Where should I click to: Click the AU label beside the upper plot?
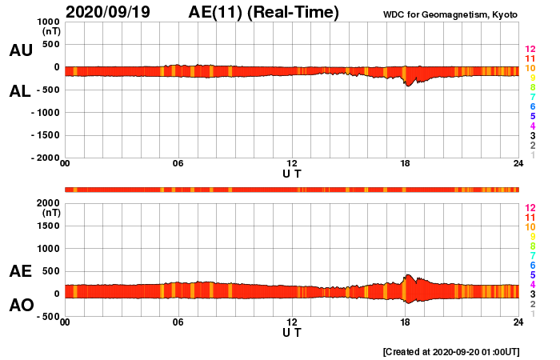pos(20,50)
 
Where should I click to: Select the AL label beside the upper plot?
pos(20,91)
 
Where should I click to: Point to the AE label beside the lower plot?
pos(20,272)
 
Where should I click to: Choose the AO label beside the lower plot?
pos(20,305)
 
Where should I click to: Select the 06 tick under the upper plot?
pos(178,164)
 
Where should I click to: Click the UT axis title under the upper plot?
pos(292,173)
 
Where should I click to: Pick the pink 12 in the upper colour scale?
pos(530,50)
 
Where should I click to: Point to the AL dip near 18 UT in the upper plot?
pos(407,84)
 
